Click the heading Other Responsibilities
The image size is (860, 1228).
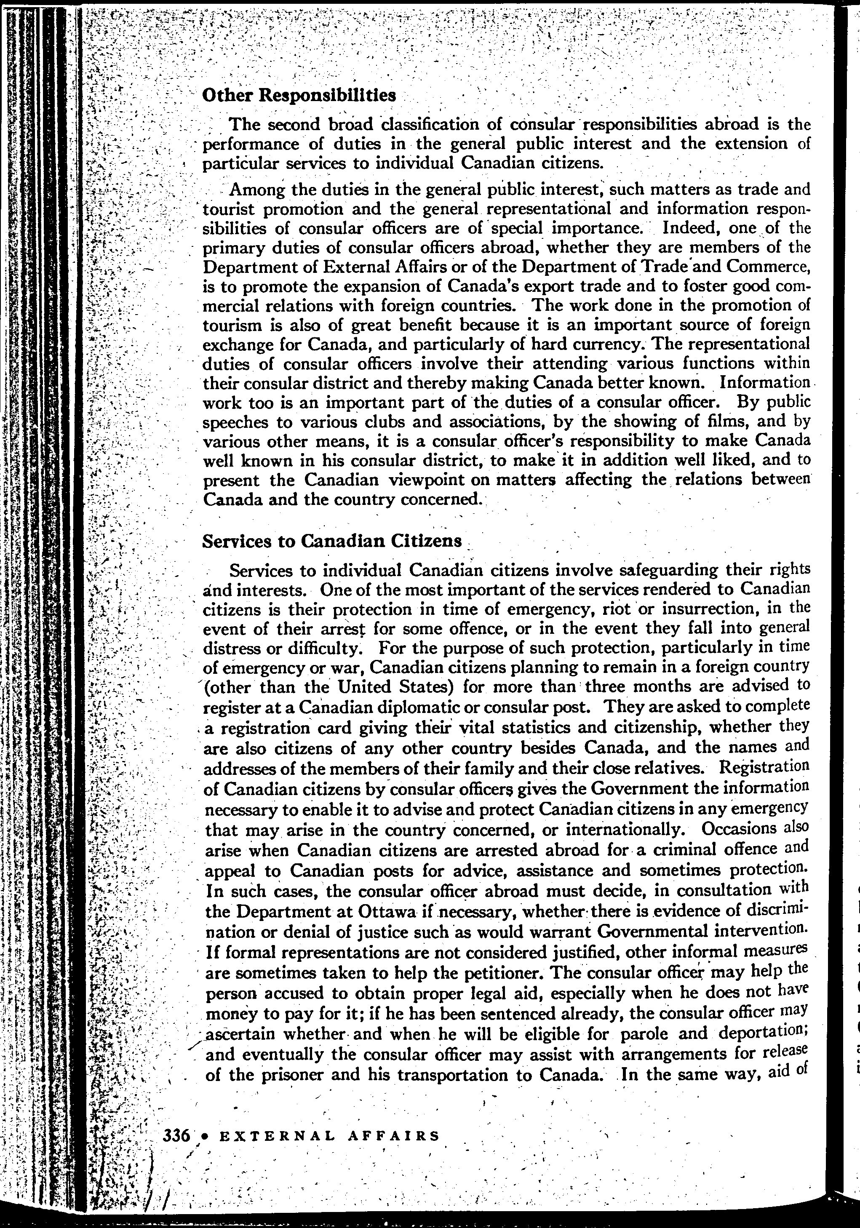299,96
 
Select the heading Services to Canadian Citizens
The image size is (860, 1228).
331,541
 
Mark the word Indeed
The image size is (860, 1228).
692,228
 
